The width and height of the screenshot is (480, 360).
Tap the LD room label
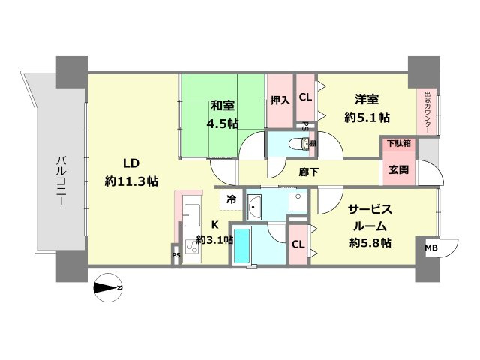pyautogui.click(x=132, y=164)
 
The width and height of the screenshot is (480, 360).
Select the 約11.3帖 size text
pyautogui.click(x=131, y=181)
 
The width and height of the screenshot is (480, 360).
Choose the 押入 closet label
pyautogui.click(x=280, y=99)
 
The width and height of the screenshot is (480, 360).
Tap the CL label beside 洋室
pyautogui.click(x=306, y=97)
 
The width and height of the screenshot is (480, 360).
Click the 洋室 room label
pyautogui.click(x=367, y=98)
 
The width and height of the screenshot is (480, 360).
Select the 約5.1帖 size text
pyautogui.click(x=367, y=117)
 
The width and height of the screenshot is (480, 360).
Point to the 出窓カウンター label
pyautogui.click(x=427, y=112)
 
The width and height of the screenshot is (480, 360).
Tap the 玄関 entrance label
pyautogui.click(x=398, y=169)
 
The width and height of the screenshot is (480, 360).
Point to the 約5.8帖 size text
pyautogui.click(x=370, y=242)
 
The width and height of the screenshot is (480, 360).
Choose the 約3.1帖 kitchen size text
pyautogui.click(x=214, y=240)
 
